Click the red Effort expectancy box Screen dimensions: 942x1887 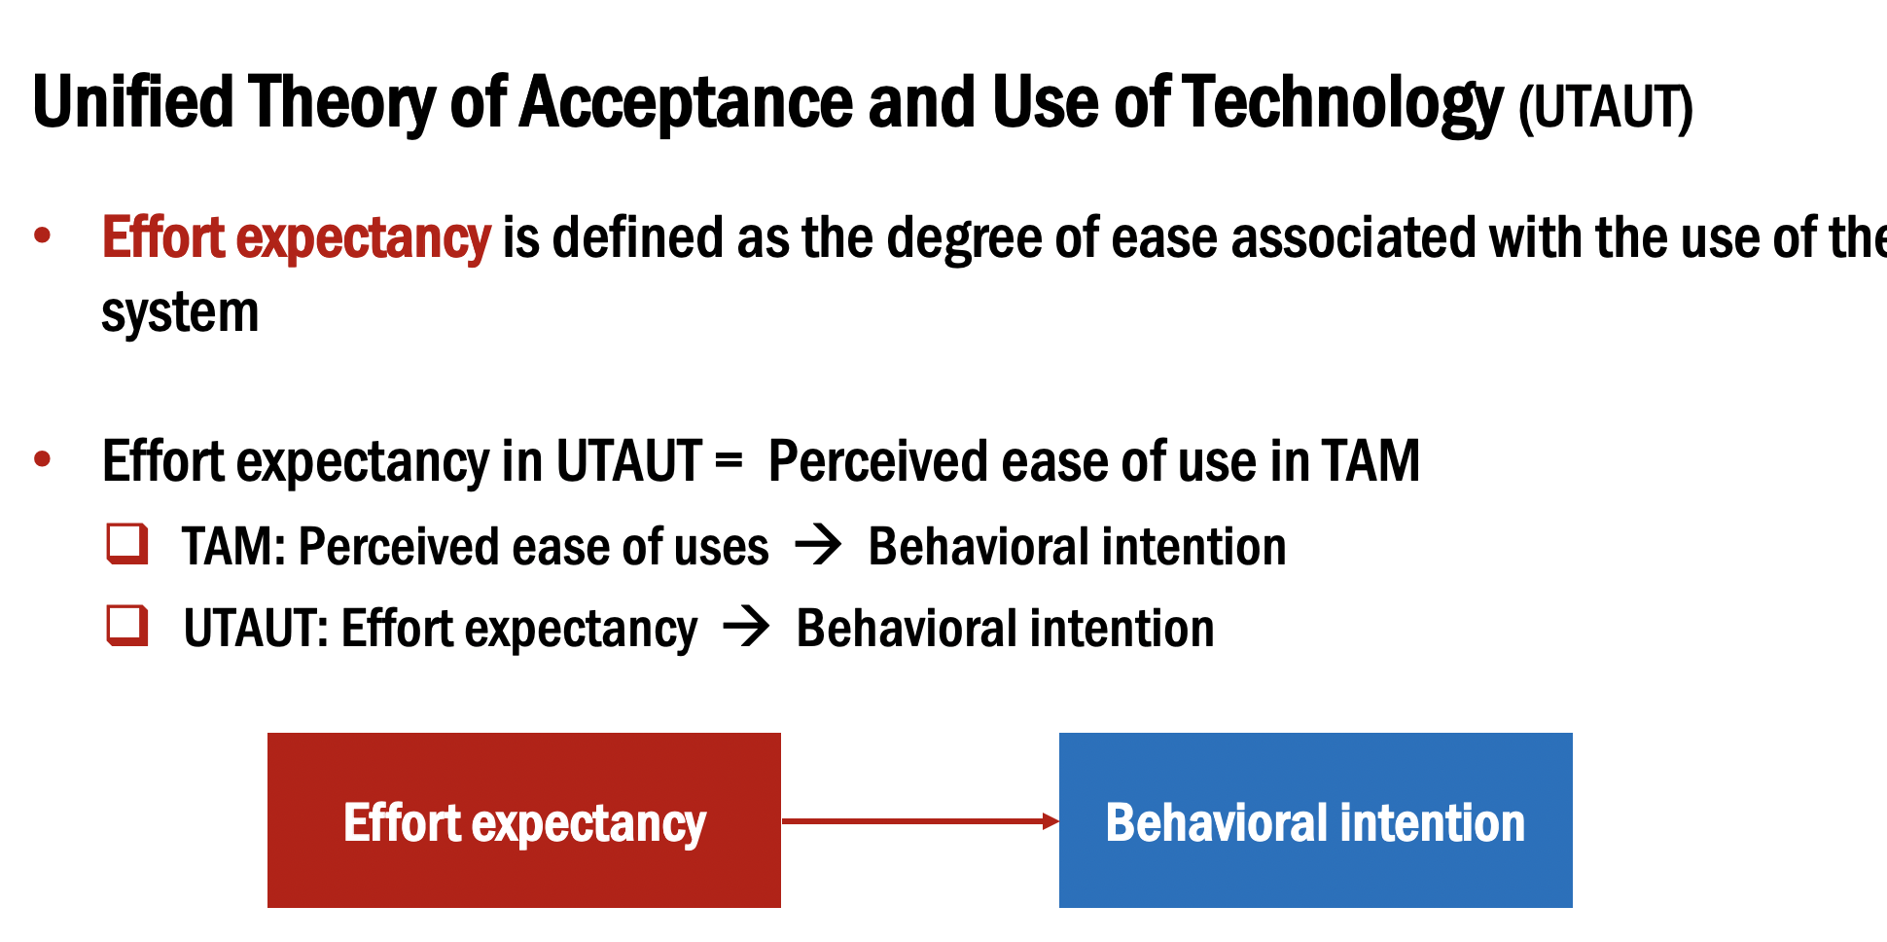[x=523, y=819]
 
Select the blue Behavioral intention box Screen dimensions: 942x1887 [x=1315, y=819]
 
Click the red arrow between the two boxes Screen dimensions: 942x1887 [x=919, y=821]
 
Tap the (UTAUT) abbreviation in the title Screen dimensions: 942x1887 [x=1605, y=107]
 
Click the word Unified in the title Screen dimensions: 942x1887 [x=133, y=102]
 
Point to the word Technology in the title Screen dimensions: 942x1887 [x=1343, y=102]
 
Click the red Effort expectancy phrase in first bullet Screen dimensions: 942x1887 [x=296, y=238]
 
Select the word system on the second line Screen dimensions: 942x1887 [x=180, y=312]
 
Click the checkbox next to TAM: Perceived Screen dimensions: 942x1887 [x=127, y=544]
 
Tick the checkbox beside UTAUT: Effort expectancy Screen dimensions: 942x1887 [x=127, y=626]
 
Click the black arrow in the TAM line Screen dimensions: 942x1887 [x=818, y=545]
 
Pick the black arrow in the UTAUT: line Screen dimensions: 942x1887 [x=746, y=627]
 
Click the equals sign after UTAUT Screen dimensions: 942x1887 [x=729, y=461]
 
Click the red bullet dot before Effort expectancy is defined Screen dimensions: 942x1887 [x=42, y=235]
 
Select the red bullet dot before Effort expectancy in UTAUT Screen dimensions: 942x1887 [x=42, y=458]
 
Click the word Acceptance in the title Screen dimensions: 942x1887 [x=686, y=102]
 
